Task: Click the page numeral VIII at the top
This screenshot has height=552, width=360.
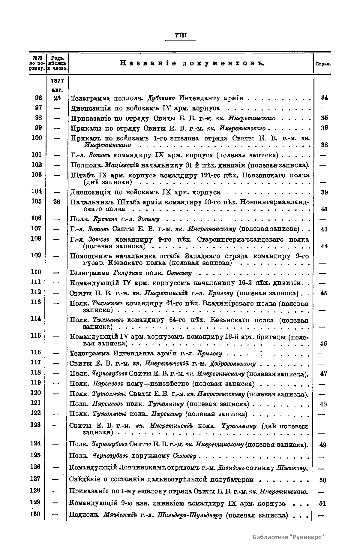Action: [x=181, y=36]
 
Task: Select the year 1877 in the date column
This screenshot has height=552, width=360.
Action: [x=56, y=81]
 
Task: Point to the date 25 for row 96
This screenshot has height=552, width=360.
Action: [x=57, y=98]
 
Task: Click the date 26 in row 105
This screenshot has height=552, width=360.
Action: [x=57, y=202]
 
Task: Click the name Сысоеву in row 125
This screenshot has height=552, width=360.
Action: [x=184, y=456]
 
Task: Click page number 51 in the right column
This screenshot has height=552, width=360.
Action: [x=322, y=503]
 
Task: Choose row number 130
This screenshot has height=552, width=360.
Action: [x=36, y=514]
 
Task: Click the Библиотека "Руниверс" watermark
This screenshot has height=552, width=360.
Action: [x=289, y=537]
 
